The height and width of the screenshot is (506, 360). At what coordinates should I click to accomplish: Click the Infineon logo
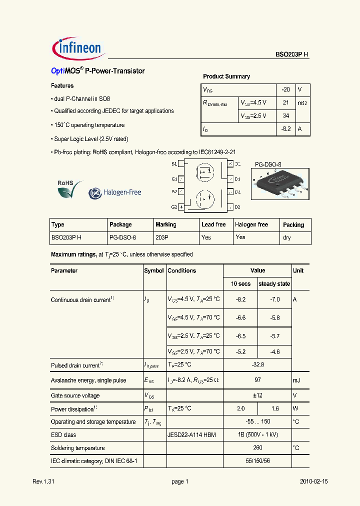(77, 48)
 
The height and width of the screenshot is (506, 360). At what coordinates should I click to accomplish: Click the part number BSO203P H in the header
(292, 55)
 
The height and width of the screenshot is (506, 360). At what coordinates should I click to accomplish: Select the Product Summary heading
(226, 76)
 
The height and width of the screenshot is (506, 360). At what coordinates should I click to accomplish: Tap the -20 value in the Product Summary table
(285, 89)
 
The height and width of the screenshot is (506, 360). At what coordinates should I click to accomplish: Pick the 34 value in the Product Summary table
(285, 116)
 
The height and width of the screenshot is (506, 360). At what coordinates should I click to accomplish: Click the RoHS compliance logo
(69, 189)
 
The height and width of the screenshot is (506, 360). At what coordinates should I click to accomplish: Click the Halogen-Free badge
(115, 192)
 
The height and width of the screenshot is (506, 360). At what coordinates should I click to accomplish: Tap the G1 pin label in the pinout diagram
(174, 178)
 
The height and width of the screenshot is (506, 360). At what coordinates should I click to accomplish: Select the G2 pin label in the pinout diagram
(174, 206)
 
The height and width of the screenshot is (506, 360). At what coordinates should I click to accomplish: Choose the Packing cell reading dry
(287, 237)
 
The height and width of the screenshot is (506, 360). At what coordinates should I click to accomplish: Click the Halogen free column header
(251, 224)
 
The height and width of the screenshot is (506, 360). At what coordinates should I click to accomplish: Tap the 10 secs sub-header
(240, 283)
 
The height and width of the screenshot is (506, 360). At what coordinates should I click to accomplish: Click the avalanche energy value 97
(257, 380)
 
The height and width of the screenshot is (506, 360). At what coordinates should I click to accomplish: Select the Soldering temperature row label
(78, 448)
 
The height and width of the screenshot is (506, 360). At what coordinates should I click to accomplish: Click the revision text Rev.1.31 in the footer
(43, 481)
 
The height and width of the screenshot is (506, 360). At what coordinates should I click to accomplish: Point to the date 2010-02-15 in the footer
(313, 481)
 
